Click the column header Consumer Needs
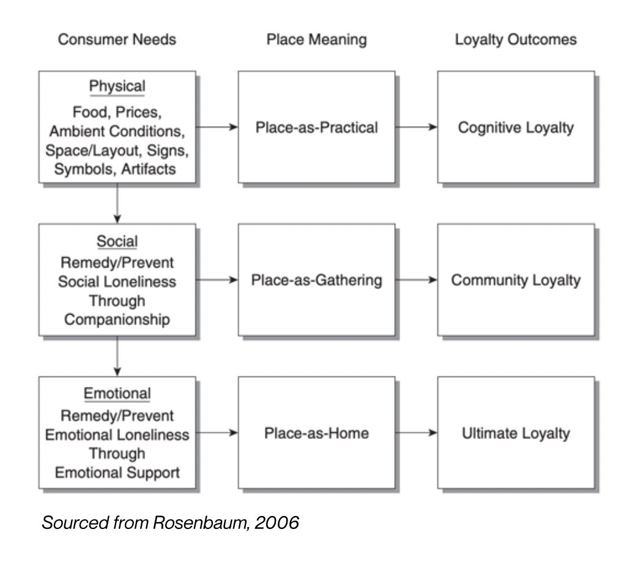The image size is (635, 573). click(117, 40)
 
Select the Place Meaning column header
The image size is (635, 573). click(316, 40)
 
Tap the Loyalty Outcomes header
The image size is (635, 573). click(515, 40)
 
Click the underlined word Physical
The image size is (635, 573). click(117, 86)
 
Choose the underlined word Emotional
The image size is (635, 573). click(117, 393)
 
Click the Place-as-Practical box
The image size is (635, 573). click(316, 127)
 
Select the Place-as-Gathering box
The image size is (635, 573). click(316, 280)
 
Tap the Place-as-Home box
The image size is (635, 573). click(316, 433)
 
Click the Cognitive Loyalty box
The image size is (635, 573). click(516, 127)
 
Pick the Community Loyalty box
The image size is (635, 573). click(516, 280)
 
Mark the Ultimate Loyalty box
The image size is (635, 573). click(516, 433)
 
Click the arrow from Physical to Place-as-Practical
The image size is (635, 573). click(217, 127)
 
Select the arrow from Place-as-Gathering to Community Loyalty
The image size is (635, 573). click(416, 280)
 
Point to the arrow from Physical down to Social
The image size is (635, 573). click(117, 203)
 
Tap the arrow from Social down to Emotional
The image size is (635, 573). click(117, 356)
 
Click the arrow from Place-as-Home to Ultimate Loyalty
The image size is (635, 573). click(416, 433)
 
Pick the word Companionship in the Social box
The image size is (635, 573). click(117, 320)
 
